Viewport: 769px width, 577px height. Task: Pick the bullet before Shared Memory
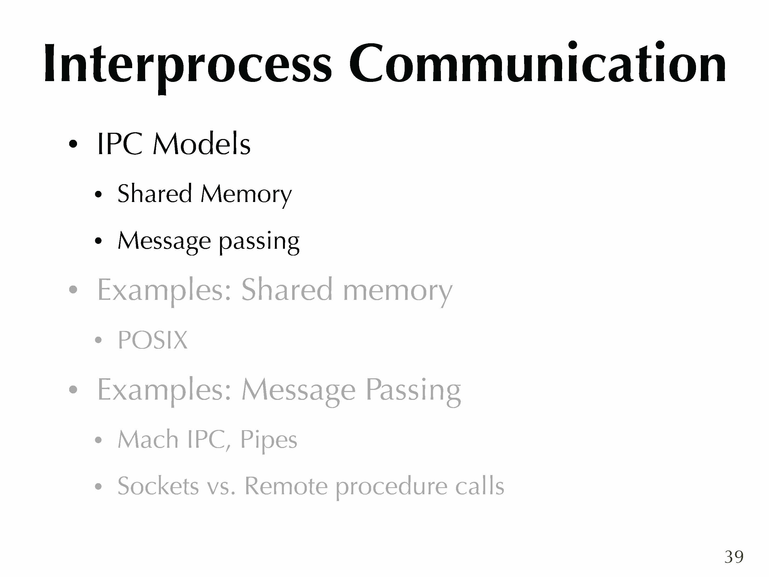98,194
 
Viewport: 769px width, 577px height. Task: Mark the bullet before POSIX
98,340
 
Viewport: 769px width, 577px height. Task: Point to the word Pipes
269,441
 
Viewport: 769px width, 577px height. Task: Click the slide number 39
734,557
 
